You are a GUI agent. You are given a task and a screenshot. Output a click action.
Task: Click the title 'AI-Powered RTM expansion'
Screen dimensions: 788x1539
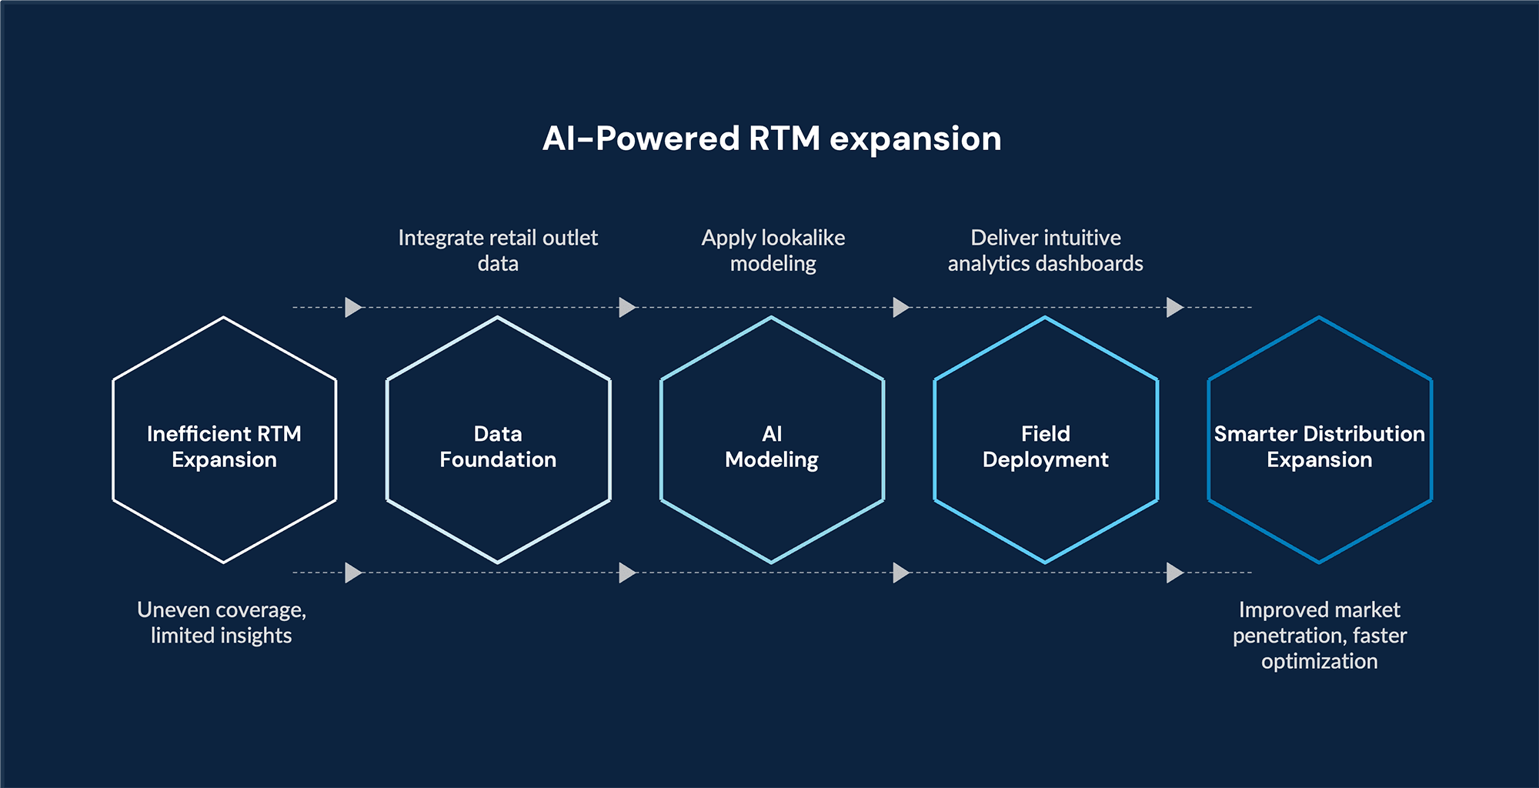point(772,139)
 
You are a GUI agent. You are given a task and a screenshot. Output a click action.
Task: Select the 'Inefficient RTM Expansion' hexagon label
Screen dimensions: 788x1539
point(224,446)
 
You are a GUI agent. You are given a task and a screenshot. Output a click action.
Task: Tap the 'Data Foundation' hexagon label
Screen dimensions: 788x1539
point(498,446)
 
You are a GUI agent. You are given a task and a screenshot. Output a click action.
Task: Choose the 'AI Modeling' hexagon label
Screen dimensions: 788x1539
point(772,446)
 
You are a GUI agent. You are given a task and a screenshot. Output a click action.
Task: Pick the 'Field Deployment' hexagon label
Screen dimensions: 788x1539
point(1045,446)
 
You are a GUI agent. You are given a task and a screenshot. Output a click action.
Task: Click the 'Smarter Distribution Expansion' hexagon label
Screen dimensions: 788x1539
point(1319,446)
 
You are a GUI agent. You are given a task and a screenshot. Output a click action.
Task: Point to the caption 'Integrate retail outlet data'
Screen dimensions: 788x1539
point(498,250)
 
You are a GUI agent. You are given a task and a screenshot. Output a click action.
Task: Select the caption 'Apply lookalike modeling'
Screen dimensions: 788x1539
point(773,250)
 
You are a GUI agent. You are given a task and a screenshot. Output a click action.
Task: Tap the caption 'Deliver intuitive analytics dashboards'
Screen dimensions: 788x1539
point(1045,250)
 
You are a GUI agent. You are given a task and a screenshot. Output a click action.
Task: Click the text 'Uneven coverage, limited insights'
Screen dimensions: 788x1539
point(222,622)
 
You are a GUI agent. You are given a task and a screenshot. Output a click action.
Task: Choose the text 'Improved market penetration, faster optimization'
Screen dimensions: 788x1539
point(1319,635)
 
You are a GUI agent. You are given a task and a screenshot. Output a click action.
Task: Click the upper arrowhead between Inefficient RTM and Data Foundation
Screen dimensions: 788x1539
point(353,307)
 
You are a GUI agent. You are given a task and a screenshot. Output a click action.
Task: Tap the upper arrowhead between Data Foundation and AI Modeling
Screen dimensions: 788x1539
point(627,307)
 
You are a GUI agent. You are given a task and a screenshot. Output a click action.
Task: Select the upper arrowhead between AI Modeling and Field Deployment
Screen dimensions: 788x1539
point(901,307)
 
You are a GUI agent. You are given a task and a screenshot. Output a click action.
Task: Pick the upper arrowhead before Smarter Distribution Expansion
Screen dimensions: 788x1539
point(1174,307)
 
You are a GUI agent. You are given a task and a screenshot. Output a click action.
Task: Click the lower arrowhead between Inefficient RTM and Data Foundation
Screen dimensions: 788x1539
point(353,573)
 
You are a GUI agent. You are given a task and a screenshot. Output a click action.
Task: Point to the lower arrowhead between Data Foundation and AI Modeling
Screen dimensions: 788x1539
point(627,573)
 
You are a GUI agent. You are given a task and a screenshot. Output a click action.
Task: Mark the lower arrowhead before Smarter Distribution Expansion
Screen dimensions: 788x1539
point(1174,573)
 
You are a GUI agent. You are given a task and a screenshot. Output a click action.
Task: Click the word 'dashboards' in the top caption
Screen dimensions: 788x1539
point(1095,263)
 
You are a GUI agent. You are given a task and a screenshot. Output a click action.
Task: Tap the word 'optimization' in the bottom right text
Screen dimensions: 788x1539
point(1319,661)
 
